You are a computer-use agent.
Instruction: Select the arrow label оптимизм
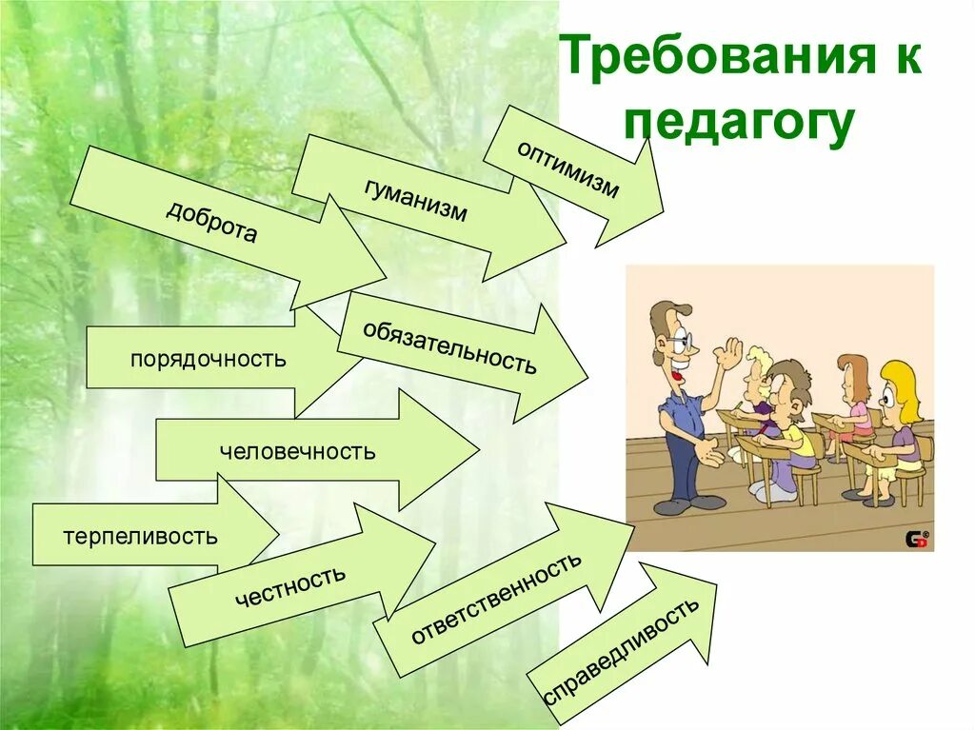click(x=568, y=169)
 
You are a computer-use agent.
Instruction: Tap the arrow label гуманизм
click(x=416, y=199)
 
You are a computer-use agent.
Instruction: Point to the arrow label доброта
click(x=211, y=222)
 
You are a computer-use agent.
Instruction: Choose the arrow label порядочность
click(x=209, y=360)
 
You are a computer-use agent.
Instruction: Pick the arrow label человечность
click(x=297, y=451)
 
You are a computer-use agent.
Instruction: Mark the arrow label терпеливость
click(x=141, y=536)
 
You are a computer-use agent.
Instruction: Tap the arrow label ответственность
click(x=495, y=598)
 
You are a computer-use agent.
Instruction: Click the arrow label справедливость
click(x=622, y=651)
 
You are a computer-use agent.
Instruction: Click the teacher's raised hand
click(x=731, y=354)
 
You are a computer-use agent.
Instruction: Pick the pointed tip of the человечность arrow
click(x=478, y=449)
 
